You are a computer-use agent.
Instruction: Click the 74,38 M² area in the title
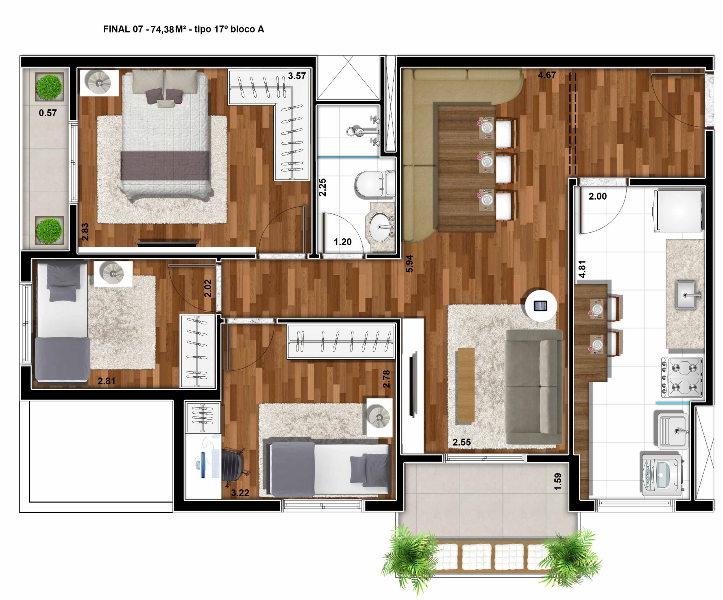pos(168,29)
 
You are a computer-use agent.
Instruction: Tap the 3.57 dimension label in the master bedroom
pos(297,76)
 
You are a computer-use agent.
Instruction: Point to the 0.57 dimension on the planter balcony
pos(47,113)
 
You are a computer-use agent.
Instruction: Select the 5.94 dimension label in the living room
pos(409,264)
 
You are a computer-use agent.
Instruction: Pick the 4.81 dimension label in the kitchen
pos(582,269)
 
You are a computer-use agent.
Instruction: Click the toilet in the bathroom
pos(375,185)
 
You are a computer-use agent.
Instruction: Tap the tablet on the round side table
pos(540,305)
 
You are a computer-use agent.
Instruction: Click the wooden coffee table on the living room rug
pos(466,385)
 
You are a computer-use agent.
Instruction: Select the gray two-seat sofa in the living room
pos(534,387)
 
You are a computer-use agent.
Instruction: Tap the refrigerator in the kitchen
pos(678,211)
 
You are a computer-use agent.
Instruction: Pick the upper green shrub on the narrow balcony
pos(50,87)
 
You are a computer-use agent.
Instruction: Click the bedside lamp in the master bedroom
pos(99,83)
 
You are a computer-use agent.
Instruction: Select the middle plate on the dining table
pos(487,161)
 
